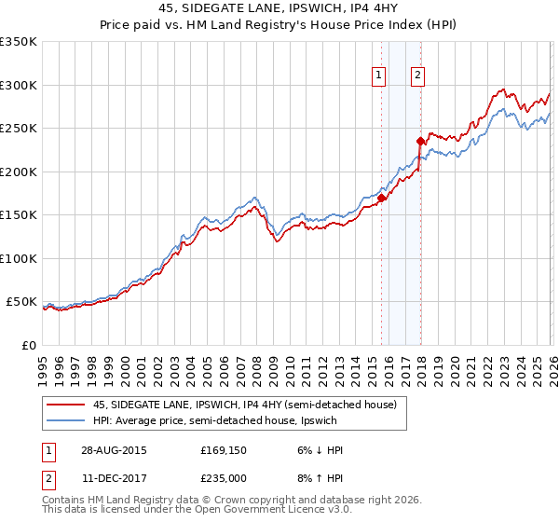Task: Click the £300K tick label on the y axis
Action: pyautogui.click(x=19, y=85)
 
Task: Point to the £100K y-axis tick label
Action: pyautogui.click(x=19, y=258)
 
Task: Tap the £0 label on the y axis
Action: pyautogui.click(x=28, y=345)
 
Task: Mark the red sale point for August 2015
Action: pyautogui.click(x=381, y=198)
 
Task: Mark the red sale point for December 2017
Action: pyautogui.click(x=419, y=142)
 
